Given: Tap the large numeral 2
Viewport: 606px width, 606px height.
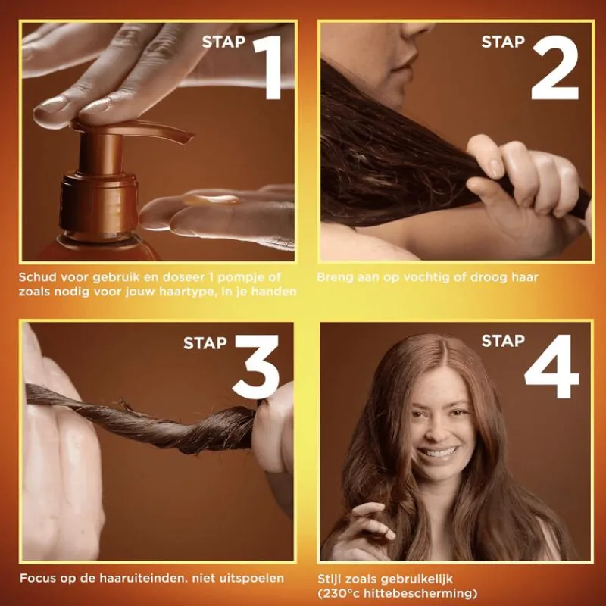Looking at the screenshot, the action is (555, 67).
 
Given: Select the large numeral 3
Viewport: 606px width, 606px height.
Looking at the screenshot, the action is (257, 367).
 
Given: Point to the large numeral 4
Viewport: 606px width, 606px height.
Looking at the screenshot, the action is (552, 367).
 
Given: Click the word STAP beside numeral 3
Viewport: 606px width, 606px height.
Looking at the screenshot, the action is (205, 343).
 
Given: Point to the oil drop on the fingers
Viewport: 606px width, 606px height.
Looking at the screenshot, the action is (211, 199).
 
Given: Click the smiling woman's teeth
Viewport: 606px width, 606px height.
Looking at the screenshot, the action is (439, 452).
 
